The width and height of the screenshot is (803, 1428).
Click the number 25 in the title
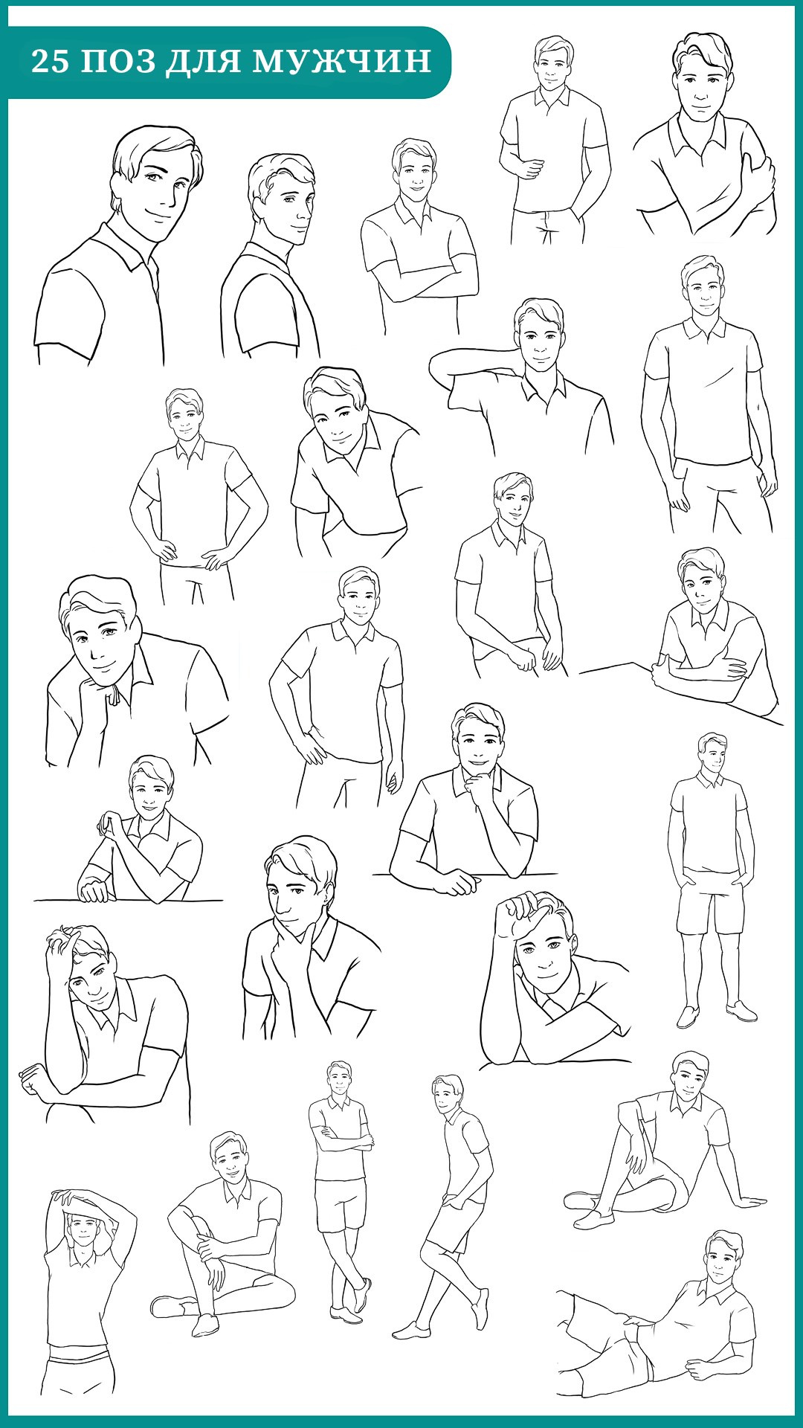[51, 61]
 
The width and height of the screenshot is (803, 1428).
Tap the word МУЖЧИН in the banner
[342, 61]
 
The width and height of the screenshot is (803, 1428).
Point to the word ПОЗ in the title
[117, 61]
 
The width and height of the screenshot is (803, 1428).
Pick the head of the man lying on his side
[722, 1257]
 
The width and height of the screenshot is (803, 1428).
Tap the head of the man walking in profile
[447, 1093]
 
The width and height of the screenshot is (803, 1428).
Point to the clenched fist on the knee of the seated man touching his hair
[33, 1079]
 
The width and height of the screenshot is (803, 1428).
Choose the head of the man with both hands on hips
[184, 413]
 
